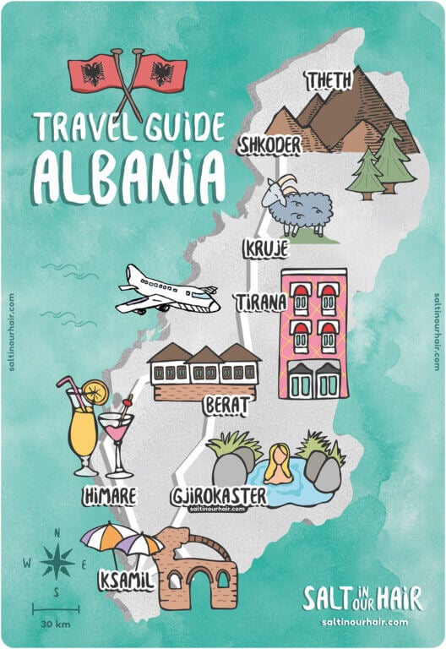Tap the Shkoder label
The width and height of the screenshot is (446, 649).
click(x=269, y=145)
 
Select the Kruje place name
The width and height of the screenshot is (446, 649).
click(x=265, y=248)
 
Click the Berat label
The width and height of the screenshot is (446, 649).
click(x=227, y=406)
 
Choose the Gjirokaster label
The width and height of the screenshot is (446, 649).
click(x=218, y=495)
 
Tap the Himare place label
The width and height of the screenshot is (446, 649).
click(x=110, y=496)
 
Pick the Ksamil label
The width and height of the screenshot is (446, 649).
click(x=125, y=581)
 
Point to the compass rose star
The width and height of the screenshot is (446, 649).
click(x=57, y=562)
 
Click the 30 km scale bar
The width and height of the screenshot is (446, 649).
click(x=56, y=608)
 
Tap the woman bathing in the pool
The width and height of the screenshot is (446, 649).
click(x=280, y=466)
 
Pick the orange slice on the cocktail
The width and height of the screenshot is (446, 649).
click(x=95, y=391)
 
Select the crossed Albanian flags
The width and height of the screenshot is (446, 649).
click(x=128, y=75)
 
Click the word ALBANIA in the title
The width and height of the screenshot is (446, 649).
click(x=129, y=175)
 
